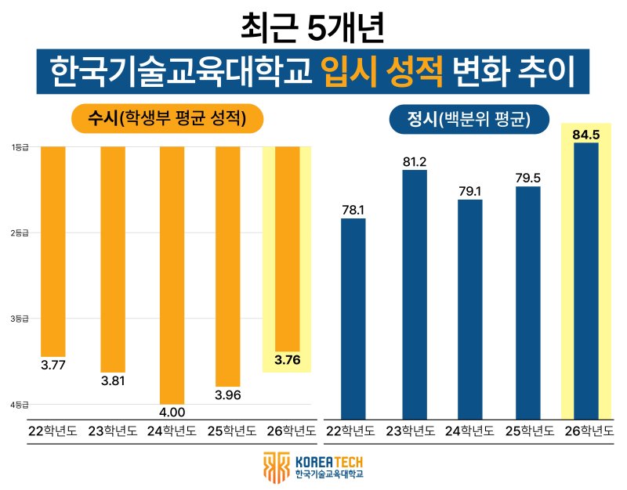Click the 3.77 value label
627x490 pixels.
pyautogui.click(x=53, y=364)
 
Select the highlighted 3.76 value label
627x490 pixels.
pyautogui.click(x=287, y=360)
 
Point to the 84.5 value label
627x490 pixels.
pyautogui.click(x=586, y=135)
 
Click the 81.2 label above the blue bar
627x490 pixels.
pyautogui.click(x=415, y=162)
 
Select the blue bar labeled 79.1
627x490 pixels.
pyautogui.click(x=470, y=309)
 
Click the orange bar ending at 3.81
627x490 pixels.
pyautogui.click(x=112, y=258)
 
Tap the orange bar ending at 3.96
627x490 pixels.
pyautogui.click(x=228, y=266)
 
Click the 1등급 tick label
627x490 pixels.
pyautogui.click(x=20, y=147)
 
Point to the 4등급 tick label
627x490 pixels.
pyautogui.click(x=20, y=405)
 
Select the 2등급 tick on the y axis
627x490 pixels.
pyautogui.click(x=20, y=233)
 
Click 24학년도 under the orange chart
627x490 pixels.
pyautogui.click(x=172, y=431)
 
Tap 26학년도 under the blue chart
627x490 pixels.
pyautogui.click(x=586, y=431)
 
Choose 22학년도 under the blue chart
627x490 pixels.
pyautogui.click(x=354, y=431)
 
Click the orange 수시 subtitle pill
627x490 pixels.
pyautogui.click(x=166, y=119)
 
